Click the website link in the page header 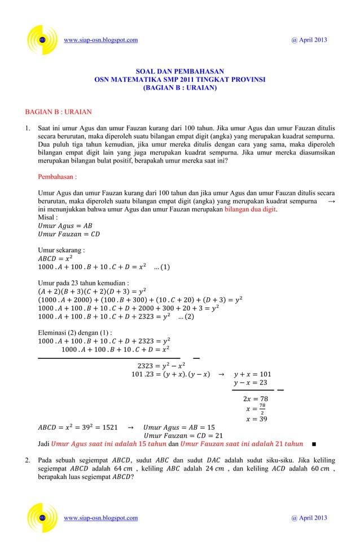tap(101, 40)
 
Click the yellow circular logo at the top tap(42, 40)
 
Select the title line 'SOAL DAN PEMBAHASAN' tap(180, 72)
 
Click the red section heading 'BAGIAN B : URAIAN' tap(54, 112)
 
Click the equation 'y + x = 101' tap(252, 374)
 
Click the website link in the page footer tap(101, 518)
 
